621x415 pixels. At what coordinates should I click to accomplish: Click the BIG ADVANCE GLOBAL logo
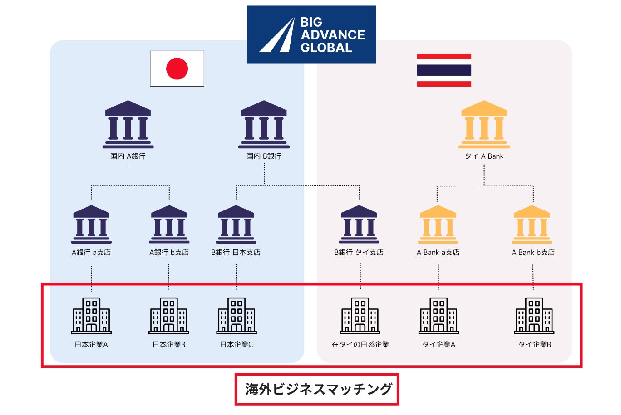[311, 34]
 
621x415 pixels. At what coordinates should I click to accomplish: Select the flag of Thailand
[444, 70]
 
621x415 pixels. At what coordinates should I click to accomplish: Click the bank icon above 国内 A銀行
[128, 125]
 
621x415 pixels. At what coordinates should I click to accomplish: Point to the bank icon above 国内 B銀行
[264, 125]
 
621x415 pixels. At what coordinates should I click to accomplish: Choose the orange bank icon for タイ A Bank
[484, 125]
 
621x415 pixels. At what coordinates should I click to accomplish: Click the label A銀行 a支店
[91, 253]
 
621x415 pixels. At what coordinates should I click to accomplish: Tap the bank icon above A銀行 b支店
[169, 225]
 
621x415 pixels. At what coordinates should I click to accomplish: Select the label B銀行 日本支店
[236, 253]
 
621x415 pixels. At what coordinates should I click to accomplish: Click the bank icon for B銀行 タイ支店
[359, 225]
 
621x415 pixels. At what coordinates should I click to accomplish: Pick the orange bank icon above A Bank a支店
[438, 225]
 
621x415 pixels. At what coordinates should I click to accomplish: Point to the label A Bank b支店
[533, 253]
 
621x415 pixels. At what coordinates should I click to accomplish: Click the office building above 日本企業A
[91, 316]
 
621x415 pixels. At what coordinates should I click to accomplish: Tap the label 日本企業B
[169, 345]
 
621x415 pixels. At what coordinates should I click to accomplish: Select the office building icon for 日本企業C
[237, 316]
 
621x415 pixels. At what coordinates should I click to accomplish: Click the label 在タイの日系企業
[360, 345]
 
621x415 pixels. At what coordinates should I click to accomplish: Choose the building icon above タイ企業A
[439, 316]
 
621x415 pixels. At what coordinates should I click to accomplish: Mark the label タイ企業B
[535, 345]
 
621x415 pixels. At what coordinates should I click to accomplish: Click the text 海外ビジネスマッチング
[318, 389]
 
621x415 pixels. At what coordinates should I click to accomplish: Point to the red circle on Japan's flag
[177, 69]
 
